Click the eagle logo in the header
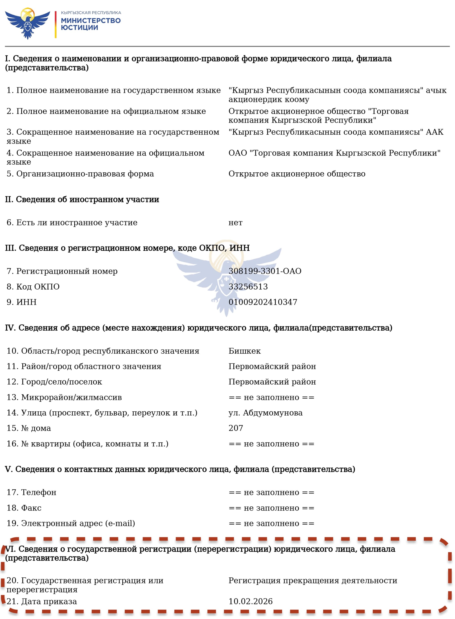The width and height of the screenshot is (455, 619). [x=28, y=23]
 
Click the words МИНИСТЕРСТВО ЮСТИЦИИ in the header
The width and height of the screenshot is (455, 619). [x=91, y=24]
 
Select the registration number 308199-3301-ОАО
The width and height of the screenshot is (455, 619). [x=265, y=271]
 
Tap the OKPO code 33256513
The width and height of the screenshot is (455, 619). [x=248, y=287]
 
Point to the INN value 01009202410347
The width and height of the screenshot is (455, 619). [x=263, y=302]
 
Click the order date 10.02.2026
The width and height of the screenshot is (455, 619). [x=250, y=601]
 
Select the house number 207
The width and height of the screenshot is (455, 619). [x=236, y=428]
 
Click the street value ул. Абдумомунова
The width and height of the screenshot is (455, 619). [x=265, y=413]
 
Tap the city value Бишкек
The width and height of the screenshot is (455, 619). [x=245, y=351]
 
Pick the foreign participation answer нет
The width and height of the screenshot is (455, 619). [x=235, y=222]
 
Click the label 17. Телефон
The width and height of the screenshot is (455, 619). [x=31, y=492]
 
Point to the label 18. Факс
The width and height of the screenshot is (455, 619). [x=24, y=508]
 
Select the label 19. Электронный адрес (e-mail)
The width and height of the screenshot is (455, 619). [x=71, y=523]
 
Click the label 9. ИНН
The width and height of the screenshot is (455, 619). [x=21, y=302]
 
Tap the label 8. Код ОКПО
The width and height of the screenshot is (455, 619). [x=33, y=287]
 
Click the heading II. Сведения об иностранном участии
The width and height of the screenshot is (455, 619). [x=82, y=199]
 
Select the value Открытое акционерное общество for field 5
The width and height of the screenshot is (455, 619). [x=297, y=174]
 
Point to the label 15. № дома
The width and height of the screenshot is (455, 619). [x=29, y=428]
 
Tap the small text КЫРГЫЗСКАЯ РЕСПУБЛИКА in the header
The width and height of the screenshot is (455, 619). [x=91, y=13]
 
